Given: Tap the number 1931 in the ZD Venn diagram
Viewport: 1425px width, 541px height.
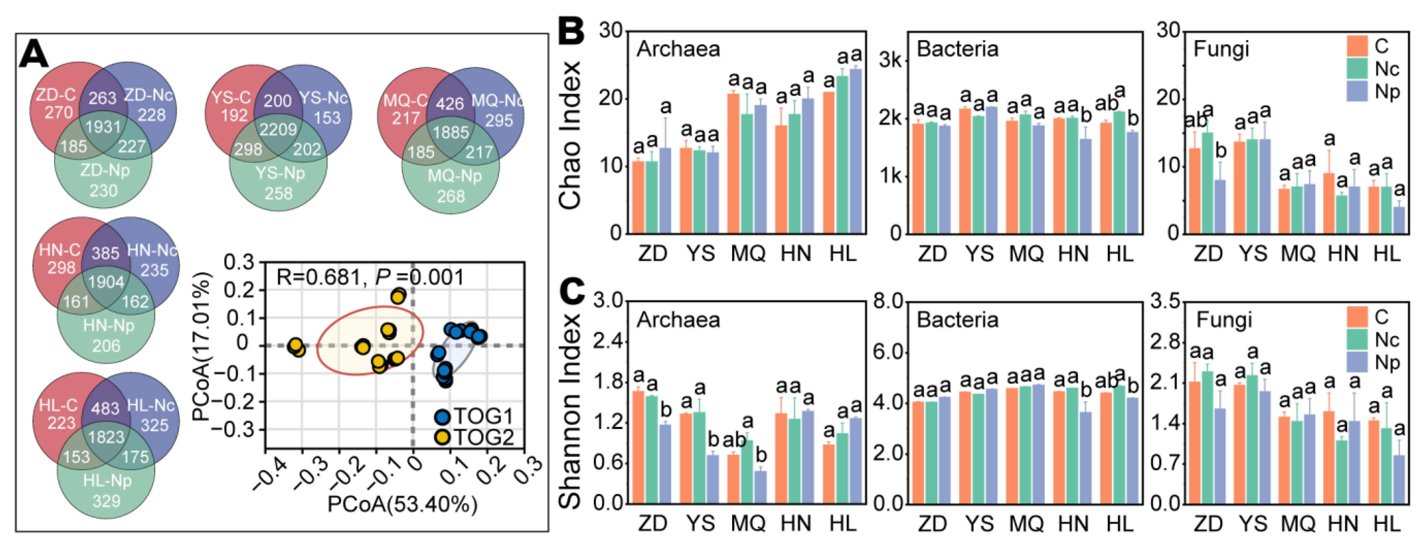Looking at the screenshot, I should coord(103,127).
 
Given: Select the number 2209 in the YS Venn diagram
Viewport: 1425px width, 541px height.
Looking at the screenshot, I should coord(278,129).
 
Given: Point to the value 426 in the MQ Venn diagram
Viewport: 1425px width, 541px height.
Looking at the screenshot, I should coord(450,103).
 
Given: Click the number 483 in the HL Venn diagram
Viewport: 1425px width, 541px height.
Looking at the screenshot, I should coord(105,408).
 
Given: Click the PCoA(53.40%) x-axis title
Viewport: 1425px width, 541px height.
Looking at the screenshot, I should coord(402,505).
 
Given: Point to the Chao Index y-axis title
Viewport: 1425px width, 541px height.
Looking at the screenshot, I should coord(570,135).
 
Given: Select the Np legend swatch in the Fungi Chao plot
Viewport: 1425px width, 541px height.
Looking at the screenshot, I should coord(1356,91).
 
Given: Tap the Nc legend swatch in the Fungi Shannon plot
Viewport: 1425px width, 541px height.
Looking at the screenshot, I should coord(1356,339).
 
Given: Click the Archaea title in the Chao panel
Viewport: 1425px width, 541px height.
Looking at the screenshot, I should coord(678,49).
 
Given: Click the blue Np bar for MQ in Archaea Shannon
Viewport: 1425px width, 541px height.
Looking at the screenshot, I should coord(761,487).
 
